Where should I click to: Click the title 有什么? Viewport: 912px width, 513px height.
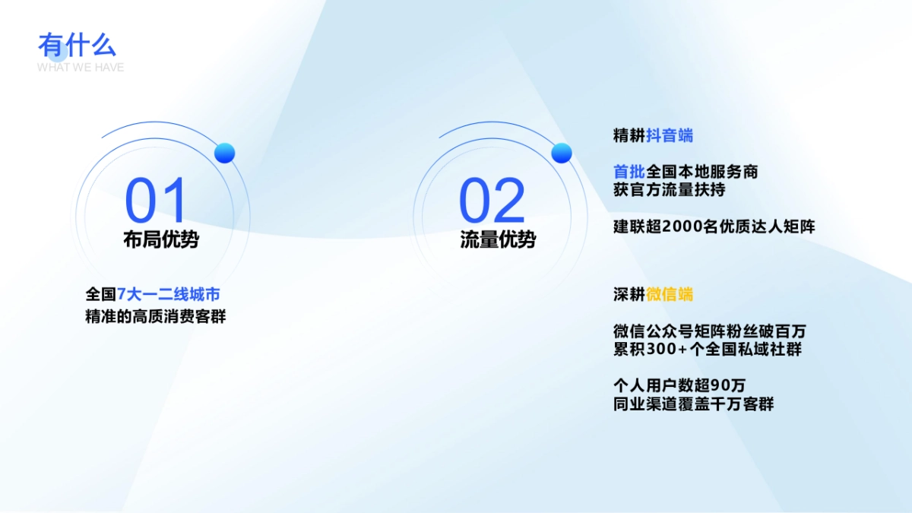pos(77,45)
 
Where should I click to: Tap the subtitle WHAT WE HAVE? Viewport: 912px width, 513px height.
pos(81,67)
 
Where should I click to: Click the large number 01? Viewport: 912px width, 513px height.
pos(156,201)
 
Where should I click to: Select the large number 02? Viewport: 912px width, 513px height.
pos(492,201)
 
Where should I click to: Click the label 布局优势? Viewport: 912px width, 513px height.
pos(161,239)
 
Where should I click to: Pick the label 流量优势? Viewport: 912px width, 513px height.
pos(498,239)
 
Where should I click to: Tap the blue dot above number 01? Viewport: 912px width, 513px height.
pos(224,153)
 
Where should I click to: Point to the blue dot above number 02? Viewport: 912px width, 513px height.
pos(561,153)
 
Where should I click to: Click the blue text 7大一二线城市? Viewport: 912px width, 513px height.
pos(168,294)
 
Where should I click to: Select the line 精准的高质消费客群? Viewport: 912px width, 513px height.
pos(156,316)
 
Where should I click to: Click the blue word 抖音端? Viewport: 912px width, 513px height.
pos(670,136)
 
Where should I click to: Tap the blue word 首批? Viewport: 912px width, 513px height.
pos(629,172)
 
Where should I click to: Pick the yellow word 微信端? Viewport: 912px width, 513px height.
pos(670,294)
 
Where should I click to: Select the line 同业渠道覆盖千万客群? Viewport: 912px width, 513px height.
pos(693,404)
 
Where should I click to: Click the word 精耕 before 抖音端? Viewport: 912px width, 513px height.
pos(629,136)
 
